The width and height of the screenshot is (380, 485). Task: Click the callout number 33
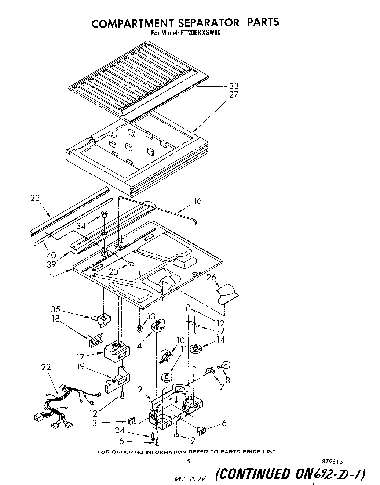(234, 86)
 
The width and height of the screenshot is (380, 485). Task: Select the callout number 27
(234, 94)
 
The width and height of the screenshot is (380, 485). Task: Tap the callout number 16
(197, 201)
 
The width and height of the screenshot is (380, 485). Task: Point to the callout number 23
(35, 199)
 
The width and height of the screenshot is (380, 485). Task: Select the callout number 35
(56, 309)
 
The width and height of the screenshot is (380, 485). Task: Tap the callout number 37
(220, 332)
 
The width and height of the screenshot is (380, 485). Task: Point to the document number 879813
(332, 462)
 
